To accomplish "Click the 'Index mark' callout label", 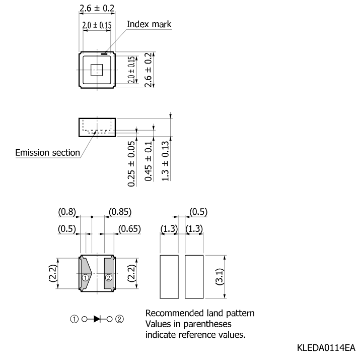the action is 149,24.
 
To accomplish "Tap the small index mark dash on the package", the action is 104,54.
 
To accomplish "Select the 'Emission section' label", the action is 47,153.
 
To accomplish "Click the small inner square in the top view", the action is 97,70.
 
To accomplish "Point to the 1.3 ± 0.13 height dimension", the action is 165,161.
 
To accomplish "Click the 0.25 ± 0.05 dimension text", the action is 131,164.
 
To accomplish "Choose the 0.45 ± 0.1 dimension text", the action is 149,161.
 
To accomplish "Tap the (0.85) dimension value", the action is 120,212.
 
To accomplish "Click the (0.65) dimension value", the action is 129,229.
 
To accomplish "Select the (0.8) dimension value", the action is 67,212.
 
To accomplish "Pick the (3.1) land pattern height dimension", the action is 220,277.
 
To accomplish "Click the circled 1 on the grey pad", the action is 85,277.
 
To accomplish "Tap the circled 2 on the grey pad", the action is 109,277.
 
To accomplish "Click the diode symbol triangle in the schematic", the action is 97,319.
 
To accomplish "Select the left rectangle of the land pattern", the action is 169,277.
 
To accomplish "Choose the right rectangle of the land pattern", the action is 194,277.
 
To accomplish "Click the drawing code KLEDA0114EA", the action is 326,348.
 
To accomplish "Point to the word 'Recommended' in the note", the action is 175,313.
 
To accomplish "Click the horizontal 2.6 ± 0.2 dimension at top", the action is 97,8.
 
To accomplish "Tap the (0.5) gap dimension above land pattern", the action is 198,212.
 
